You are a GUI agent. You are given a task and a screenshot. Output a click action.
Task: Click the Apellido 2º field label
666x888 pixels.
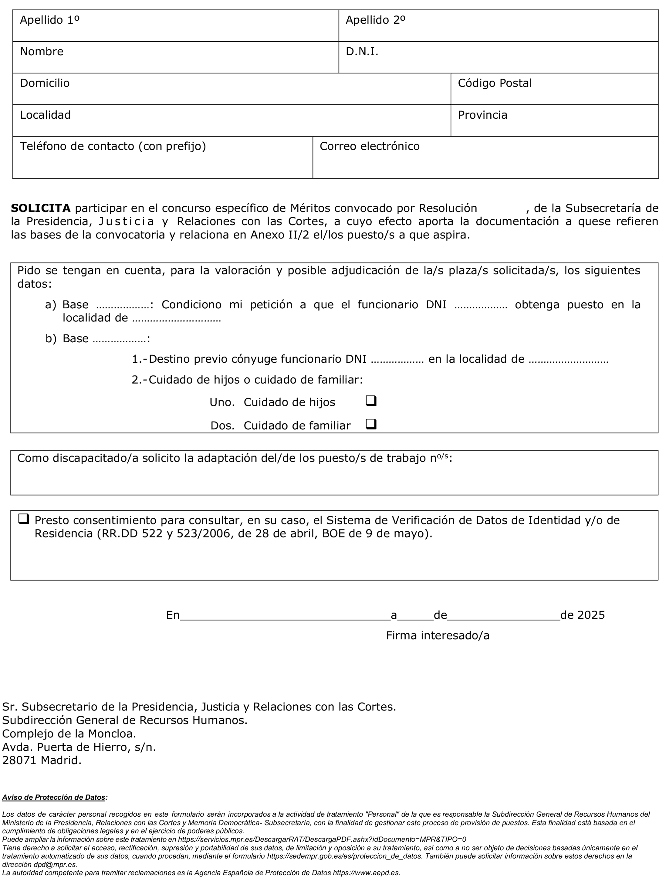click(x=375, y=20)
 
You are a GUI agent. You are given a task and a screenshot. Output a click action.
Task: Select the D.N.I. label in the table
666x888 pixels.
click(x=362, y=52)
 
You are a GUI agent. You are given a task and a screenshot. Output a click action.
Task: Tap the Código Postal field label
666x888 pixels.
click(x=495, y=83)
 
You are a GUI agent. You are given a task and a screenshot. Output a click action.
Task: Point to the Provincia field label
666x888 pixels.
click(x=482, y=115)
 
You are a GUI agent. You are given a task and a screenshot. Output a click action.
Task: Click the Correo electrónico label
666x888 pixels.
click(x=369, y=146)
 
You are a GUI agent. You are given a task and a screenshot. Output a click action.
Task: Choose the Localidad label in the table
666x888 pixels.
click(x=45, y=115)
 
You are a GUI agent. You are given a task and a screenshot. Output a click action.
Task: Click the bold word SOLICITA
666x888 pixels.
click(x=41, y=208)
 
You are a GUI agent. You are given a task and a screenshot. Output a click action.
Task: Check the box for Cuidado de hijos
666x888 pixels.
click(x=371, y=400)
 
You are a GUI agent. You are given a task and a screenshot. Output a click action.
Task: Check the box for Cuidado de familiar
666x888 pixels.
click(x=371, y=424)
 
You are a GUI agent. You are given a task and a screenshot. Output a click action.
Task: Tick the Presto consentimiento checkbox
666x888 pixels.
click(x=24, y=519)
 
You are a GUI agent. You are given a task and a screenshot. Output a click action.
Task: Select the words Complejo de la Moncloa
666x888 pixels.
click(x=69, y=733)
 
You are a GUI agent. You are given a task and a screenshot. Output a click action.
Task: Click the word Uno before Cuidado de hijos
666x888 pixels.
click(x=222, y=402)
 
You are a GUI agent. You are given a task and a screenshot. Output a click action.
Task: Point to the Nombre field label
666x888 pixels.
click(x=42, y=52)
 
